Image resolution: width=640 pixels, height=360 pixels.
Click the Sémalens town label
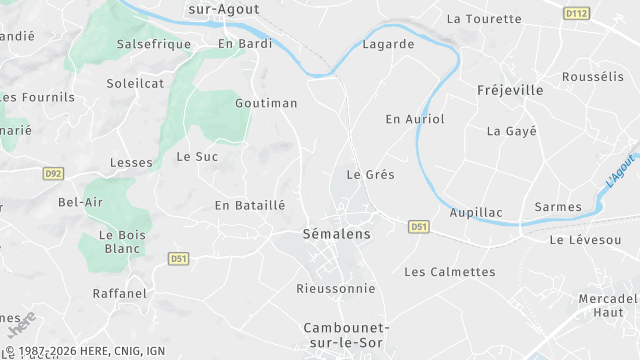pyautogui.click(x=336, y=234)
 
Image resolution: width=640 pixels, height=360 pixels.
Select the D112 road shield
pyautogui.click(x=575, y=13)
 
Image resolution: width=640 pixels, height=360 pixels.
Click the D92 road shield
pyautogui.click(x=54, y=173)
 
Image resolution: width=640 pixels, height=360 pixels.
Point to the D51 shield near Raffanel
pyautogui.click(x=178, y=258)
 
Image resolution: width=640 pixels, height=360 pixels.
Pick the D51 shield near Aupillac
pyautogui.click(x=419, y=228)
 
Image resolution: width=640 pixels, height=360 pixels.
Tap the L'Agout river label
pyautogui.click(x=620, y=167)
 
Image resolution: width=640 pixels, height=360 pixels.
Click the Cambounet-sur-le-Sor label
pyautogui.click(x=347, y=335)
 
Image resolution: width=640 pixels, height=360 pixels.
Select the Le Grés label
pyautogui.click(x=370, y=175)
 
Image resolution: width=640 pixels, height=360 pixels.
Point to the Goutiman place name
pyautogui.click(x=266, y=103)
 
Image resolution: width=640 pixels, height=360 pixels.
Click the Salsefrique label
pyautogui.click(x=153, y=45)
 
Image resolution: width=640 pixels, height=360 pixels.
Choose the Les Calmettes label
pyautogui.click(x=449, y=272)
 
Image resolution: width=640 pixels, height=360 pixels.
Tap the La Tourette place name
pyautogui.click(x=484, y=19)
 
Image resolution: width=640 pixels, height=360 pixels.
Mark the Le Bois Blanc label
pyautogui.click(x=123, y=242)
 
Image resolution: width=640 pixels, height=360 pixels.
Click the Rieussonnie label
pyautogui.click(x=336, y=289)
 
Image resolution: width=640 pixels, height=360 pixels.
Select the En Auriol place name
pyautogui.click(x=415, y=119)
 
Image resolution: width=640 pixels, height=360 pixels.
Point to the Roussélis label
pyautogui.click(x=593, y=77)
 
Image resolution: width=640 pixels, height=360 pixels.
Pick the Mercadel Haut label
pyautogui.click(x=608, y=306)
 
